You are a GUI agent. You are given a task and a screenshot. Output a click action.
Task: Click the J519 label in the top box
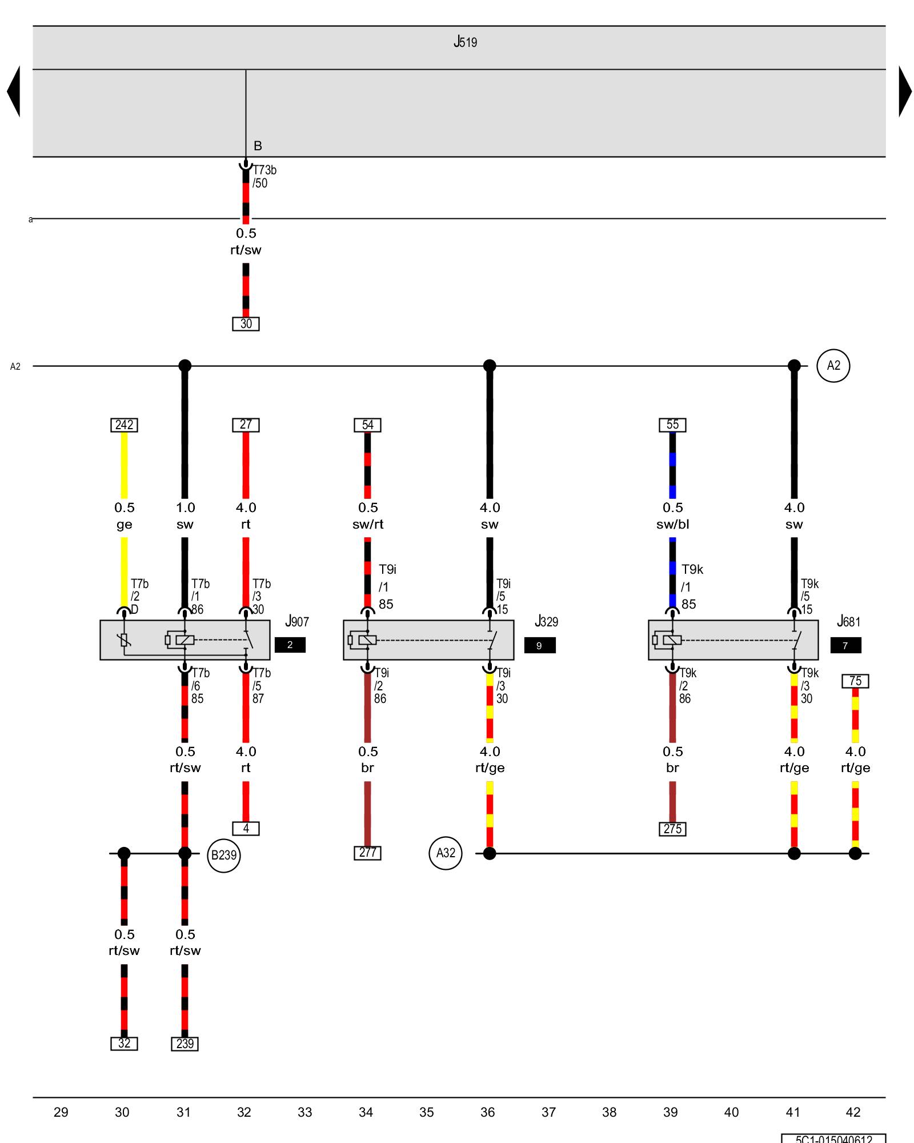tap(465, 42)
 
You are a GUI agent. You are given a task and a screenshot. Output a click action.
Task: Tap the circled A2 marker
tap(833, 366)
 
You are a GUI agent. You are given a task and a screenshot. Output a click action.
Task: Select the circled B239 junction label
tap(223, 856)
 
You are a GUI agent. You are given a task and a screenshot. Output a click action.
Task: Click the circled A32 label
tap(446, 853)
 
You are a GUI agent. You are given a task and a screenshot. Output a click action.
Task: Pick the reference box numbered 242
tap(124, 425)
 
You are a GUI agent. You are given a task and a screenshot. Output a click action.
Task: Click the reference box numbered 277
tap(367, 853)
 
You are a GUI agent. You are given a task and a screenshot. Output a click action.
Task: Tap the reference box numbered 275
tap(672, 829)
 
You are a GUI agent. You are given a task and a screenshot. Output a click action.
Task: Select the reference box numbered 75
tap(855, 681)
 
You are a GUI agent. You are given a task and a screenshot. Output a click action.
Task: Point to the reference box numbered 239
tap(185, 1044)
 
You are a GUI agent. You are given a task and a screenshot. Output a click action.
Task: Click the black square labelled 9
tap(539, 646)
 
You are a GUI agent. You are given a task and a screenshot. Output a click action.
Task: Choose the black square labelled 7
tap(845, 646)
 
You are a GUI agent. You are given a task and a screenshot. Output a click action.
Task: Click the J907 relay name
tap(297, 622)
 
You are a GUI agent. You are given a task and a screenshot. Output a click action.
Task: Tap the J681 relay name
tap(848, 622)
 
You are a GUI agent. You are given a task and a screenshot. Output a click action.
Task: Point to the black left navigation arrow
tap(14, 91)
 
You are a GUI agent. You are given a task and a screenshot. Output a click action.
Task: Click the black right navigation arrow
tap(905, 91)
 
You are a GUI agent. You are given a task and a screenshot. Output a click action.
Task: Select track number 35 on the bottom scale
tap(427, 1112)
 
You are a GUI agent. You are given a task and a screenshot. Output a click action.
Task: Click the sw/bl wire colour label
tap(672, 525)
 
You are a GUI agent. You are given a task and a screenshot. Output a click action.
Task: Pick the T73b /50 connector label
tap(264, 177)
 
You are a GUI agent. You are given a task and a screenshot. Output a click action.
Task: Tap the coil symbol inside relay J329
tap(363, 640)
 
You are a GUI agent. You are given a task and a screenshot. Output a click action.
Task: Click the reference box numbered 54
tap(367, 425)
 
